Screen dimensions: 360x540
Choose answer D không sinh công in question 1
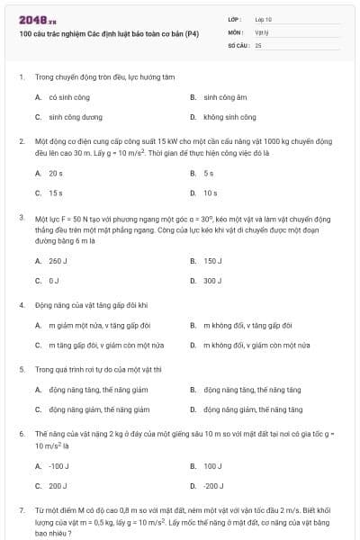[229, 117]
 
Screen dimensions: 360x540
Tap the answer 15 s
[56, 193]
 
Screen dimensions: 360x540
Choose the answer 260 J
[58, 261]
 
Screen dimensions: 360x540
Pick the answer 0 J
[53, 281]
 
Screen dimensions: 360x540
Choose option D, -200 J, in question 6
[212, 486]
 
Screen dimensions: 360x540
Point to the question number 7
[21, 510]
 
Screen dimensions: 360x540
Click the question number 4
[21, 305]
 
